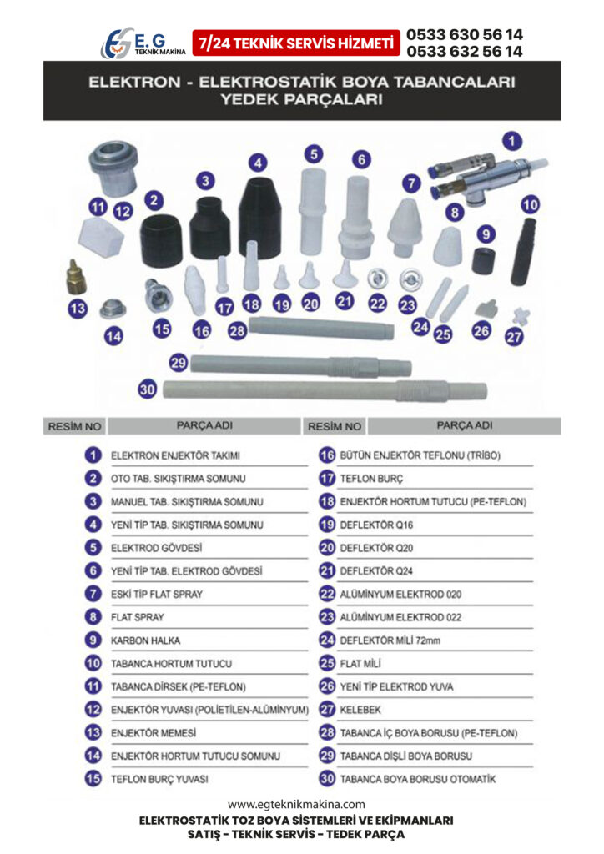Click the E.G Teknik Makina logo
click(143, 43)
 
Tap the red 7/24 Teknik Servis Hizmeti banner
click(295, 43)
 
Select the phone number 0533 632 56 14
click(465, 51)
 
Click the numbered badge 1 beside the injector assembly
click(511, 142)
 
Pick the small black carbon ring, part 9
click(483, 261)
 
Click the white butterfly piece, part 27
click(521, 315)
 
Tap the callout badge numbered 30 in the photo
click(148, 389)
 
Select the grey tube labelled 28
click(321, 327)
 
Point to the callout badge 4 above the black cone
click(258, 163)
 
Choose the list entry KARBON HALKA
click(145, 640)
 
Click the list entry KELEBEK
click(360, 710)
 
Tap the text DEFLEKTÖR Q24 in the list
click(376, 571)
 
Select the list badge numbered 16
click(327, 455)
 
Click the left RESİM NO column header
click(74, 426)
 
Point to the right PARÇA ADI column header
click(465, 425)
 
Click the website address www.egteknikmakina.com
click(296, 805)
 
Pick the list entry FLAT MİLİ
click(360, 663)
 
